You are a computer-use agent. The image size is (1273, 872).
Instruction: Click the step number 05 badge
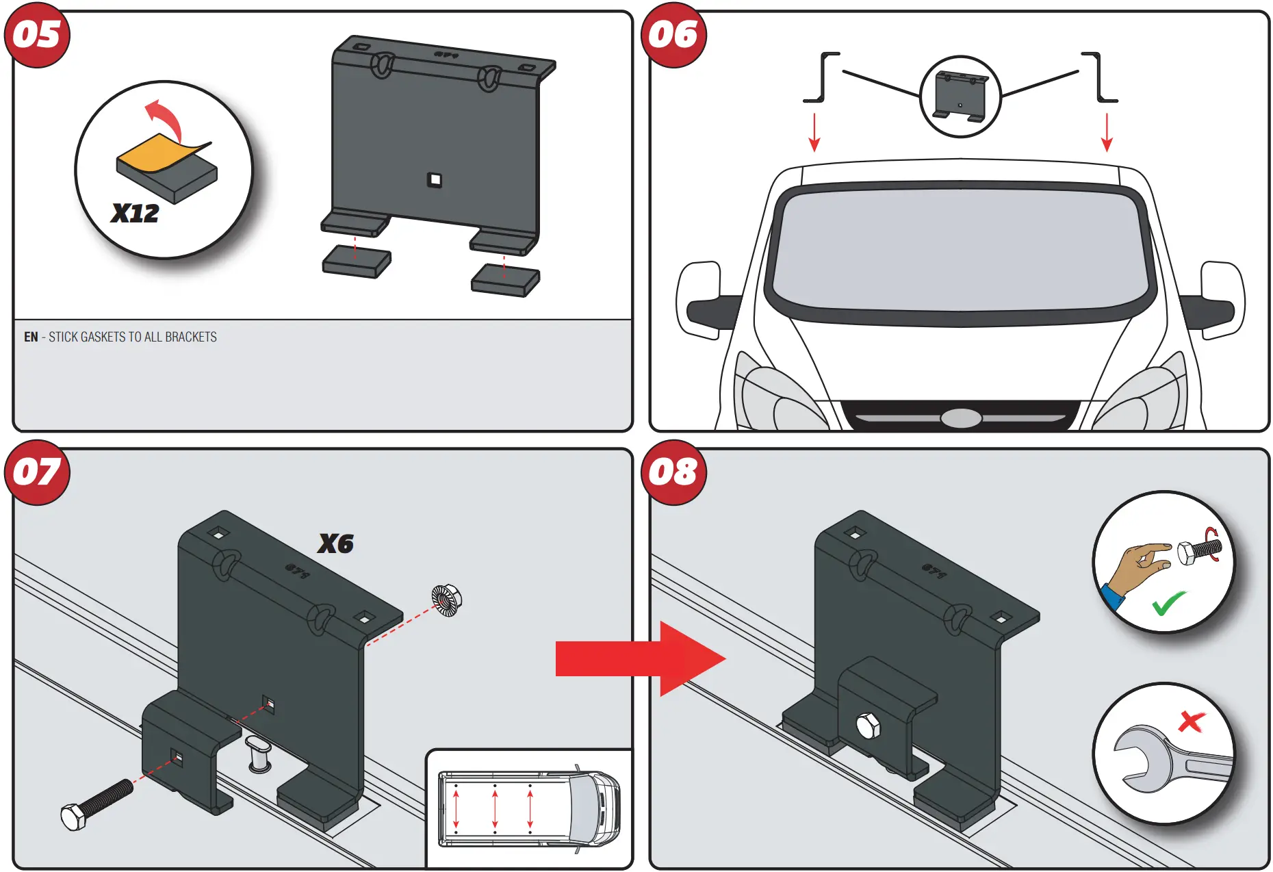37,35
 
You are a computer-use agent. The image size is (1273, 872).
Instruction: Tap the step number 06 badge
673,35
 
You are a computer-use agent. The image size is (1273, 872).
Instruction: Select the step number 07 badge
37,472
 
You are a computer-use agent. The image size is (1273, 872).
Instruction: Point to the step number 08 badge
673,472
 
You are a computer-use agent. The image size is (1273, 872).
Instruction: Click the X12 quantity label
135,214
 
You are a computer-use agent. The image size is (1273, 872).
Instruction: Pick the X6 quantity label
335,544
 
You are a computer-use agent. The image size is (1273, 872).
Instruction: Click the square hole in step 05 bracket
435,180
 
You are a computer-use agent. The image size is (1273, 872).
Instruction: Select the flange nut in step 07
447,600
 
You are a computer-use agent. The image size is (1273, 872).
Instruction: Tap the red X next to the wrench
1192,721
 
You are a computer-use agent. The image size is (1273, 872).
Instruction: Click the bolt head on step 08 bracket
868,726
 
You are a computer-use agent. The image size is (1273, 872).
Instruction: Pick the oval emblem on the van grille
961,418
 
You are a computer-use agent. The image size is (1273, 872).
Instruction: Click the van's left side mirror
702,300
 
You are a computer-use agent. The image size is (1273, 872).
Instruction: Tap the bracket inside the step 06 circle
961,97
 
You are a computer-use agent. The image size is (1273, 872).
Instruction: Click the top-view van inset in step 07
528,808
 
